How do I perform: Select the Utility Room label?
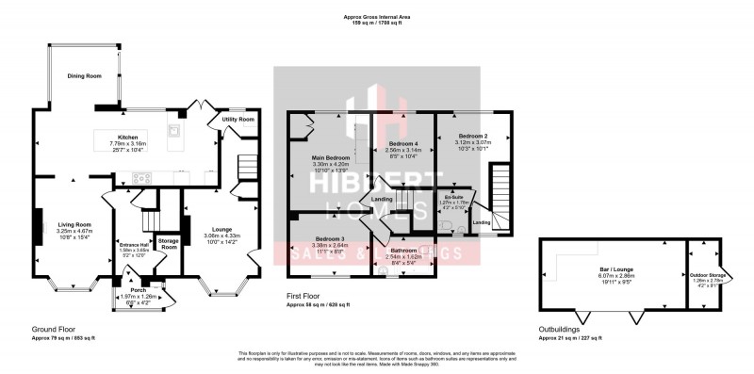[238, 120]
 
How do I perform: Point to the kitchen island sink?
[173, 129]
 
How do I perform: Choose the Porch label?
[138, 290]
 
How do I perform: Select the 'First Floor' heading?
[305, 296]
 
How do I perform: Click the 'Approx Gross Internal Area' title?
[377, 17]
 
